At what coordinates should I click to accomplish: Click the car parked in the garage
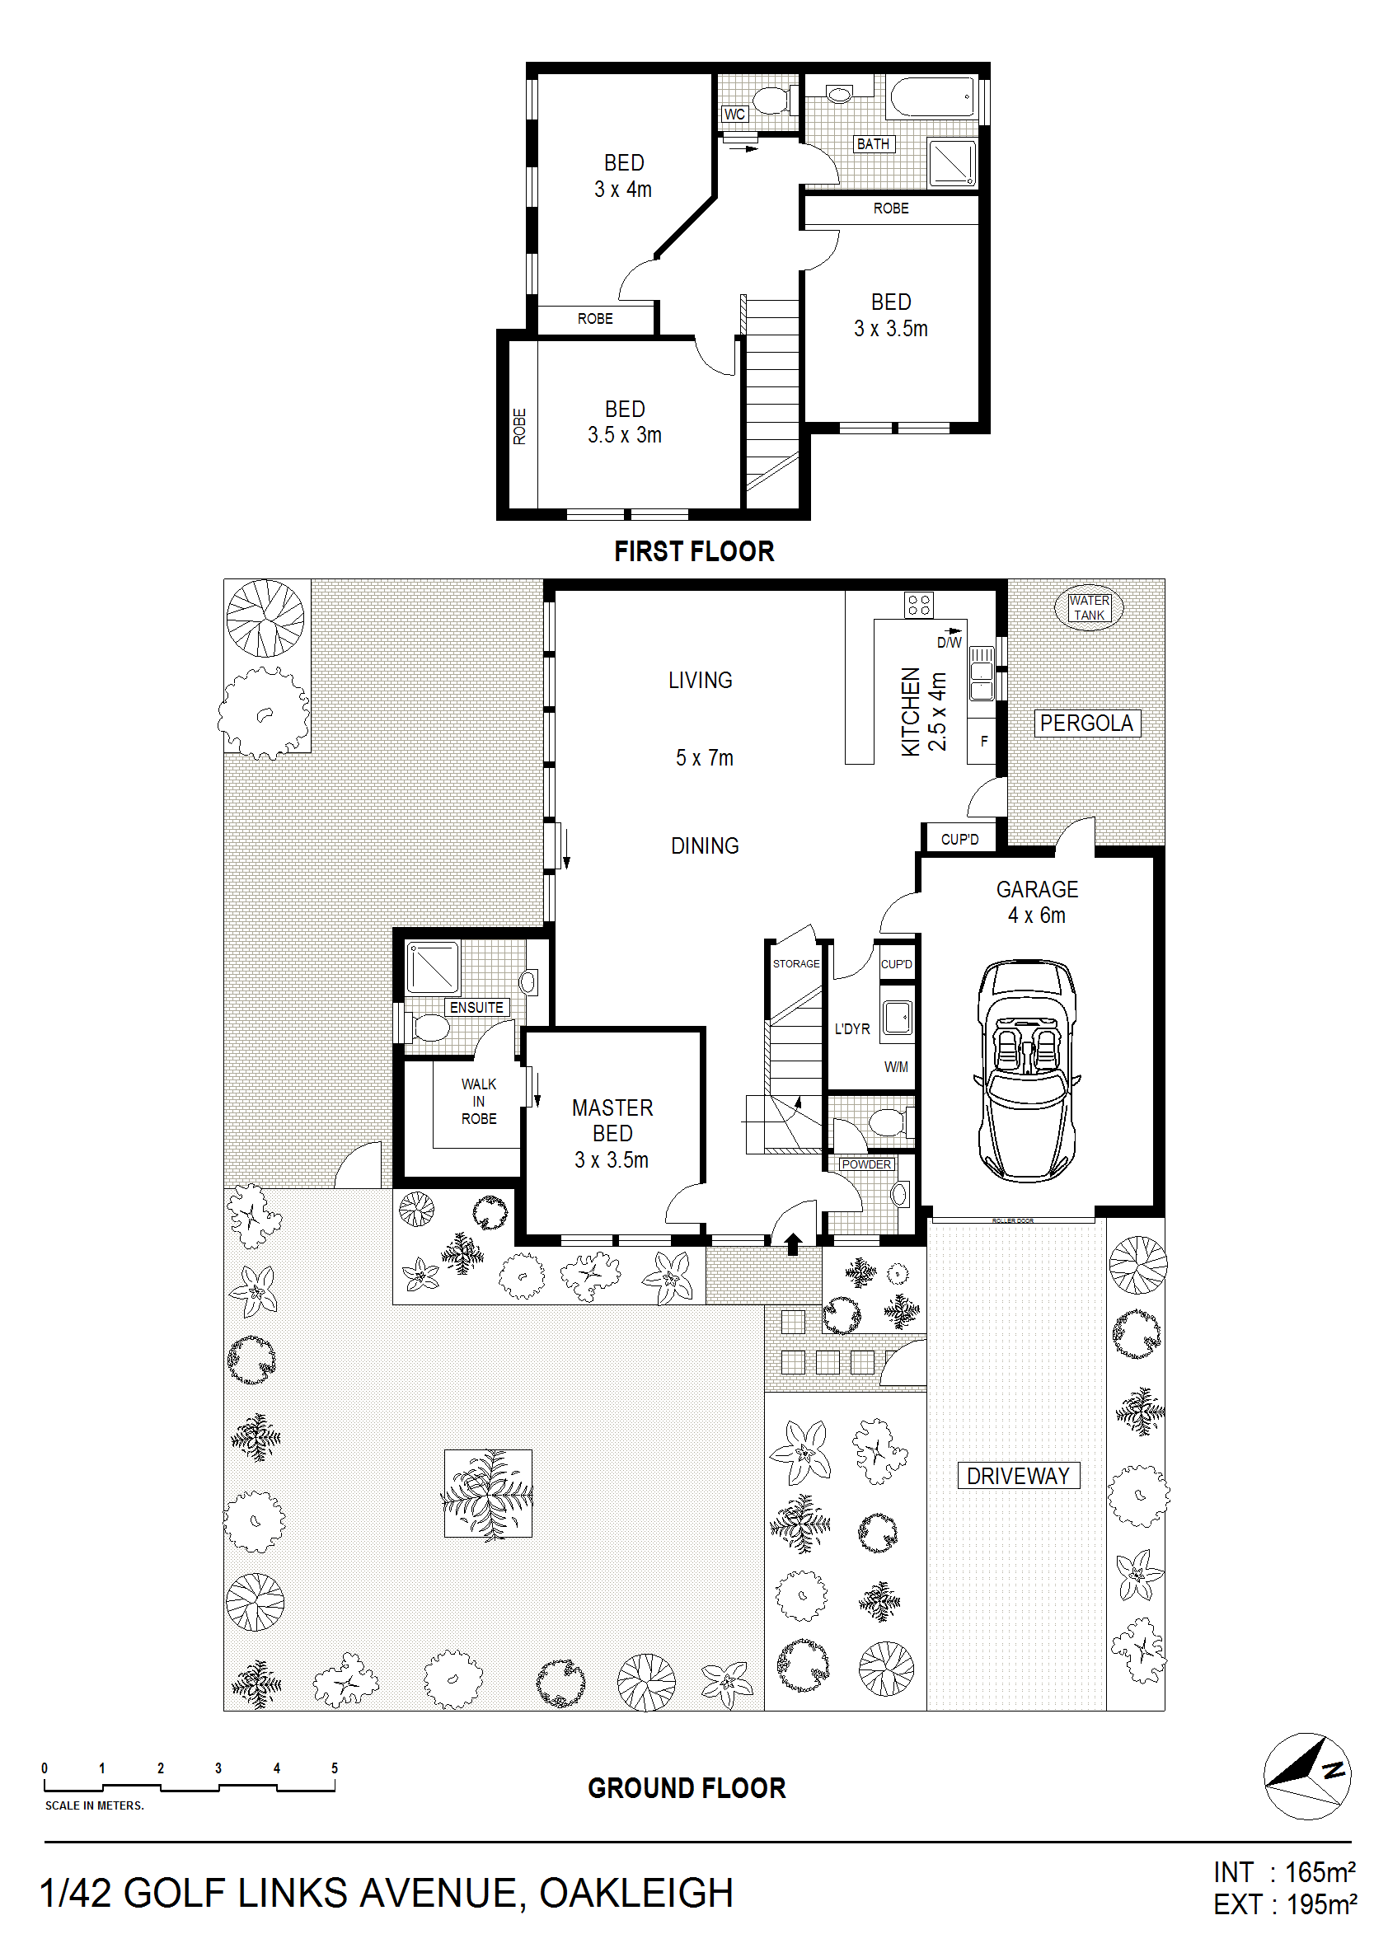click(x=1026, y=1070)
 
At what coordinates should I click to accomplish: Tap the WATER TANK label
click(x=1089, y=607)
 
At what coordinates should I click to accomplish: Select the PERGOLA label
click(x=1086, y=723)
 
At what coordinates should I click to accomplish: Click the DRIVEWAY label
click(x=1018, y=1476)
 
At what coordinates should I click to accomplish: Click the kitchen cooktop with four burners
click(x=919, y=605)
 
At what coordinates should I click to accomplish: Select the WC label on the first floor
click(x=734, y=114)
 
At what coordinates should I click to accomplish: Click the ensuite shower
click(x=433, y=967)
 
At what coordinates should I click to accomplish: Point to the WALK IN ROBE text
click(x=479, y=1101)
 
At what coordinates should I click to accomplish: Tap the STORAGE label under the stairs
click(x=795, y=964)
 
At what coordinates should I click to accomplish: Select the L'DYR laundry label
click(x=852, y=1028)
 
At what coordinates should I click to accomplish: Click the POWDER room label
click(x=866, y=1164)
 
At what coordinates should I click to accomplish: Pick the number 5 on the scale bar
click(x=334, y=1768)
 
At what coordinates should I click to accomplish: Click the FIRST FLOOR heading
click(x=694, y=551)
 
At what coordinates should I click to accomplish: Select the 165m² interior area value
click(x=1320, y=1873)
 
